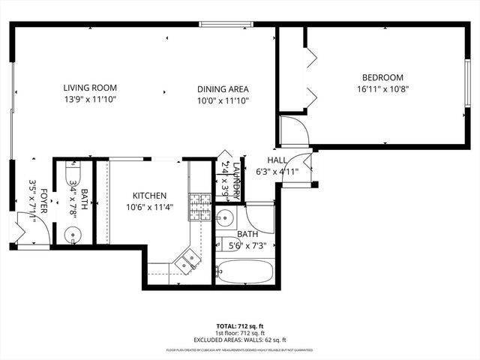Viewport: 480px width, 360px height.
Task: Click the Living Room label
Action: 90,88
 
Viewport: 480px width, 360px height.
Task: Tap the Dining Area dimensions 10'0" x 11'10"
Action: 223,100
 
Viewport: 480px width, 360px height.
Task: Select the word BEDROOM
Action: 382,77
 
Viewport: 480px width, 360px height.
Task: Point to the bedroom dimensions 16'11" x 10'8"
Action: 382,88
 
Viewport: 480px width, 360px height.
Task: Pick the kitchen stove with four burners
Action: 199,207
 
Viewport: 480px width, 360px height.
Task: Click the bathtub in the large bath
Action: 244,271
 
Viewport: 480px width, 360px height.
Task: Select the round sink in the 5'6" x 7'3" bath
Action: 225,218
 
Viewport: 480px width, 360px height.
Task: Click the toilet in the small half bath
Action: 73,169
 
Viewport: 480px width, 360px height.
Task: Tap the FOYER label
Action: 44,201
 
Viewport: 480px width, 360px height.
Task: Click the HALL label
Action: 277,160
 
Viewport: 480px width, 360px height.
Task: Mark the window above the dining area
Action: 226,24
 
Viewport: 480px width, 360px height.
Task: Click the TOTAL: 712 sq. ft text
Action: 239,326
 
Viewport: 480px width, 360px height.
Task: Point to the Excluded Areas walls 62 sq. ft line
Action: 239,340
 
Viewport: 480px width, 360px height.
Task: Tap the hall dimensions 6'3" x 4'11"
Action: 277,171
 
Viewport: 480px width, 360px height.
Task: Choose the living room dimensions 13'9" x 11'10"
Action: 90,99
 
